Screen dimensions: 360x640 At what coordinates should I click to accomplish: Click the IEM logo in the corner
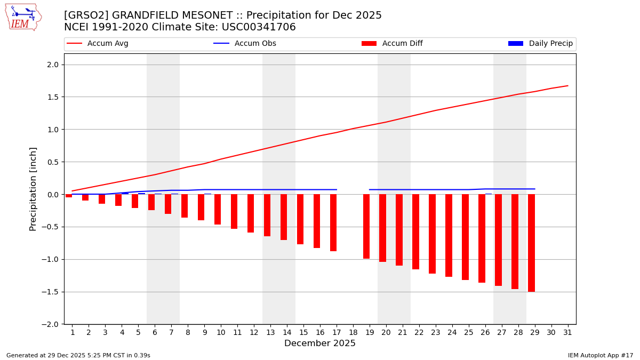(23, 17)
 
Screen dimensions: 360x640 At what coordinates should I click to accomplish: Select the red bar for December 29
(531, 243)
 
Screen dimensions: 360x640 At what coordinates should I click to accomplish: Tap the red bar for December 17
(333, 222)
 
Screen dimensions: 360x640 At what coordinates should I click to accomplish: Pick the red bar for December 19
(366, 226)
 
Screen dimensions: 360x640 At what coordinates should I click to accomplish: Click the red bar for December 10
(218, 209)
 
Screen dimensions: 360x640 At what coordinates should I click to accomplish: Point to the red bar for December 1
(69, 196)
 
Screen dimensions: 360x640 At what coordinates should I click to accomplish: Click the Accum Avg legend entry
(98, 44)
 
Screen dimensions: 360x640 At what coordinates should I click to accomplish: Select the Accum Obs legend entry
(245, 44)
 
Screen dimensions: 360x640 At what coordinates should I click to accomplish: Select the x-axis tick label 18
(353, 332)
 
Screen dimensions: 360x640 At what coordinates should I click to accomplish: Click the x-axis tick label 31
(567, 332)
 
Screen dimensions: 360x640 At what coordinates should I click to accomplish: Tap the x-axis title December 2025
(319, 343)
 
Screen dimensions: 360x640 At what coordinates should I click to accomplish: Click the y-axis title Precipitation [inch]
(33, 189)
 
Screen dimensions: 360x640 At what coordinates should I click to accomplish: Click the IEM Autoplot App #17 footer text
(600, 355)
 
